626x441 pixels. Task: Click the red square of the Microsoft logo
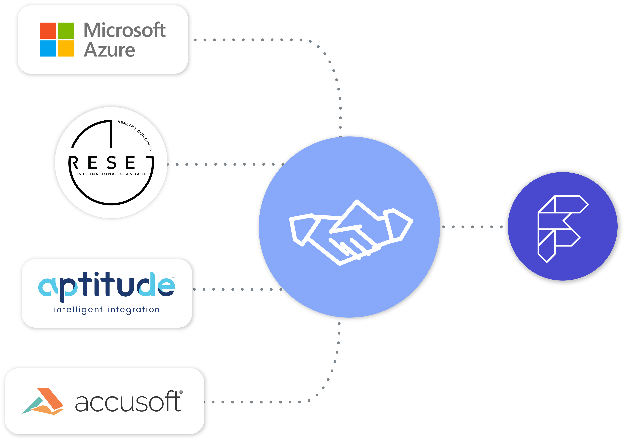coord(48,30)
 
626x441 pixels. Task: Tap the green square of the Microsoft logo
coord(66,30)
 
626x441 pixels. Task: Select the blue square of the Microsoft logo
coord(48,49)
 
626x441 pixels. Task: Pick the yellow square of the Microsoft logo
coord(66,49)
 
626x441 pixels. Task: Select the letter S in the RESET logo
coord(112,163)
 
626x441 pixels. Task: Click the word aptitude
coord(107,287)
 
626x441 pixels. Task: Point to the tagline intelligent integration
coord(107,310)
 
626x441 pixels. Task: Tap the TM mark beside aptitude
coord(174,277)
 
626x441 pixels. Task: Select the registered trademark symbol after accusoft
coord(181,392)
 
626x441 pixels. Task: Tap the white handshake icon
coord(351,232)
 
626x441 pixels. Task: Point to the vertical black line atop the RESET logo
coord(111,134)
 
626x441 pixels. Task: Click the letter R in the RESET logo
coord(74,163)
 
